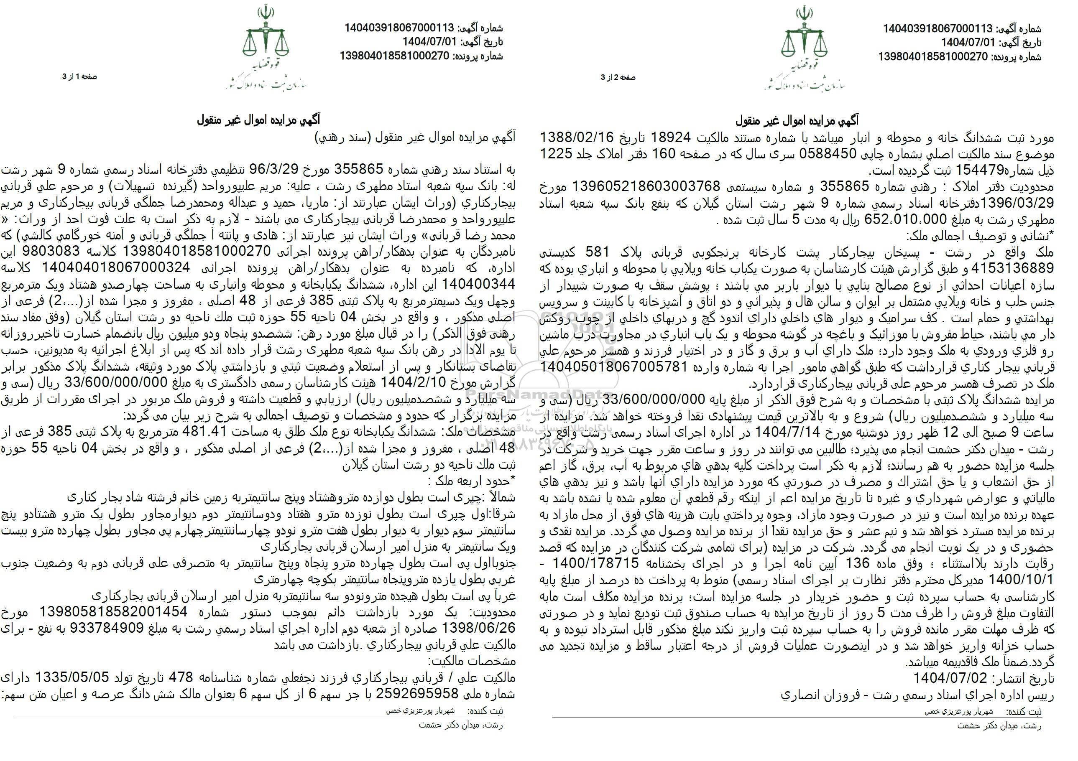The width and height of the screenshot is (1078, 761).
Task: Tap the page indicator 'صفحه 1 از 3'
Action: [79, 76]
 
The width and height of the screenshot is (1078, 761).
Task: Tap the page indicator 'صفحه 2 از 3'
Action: [618, 77]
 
